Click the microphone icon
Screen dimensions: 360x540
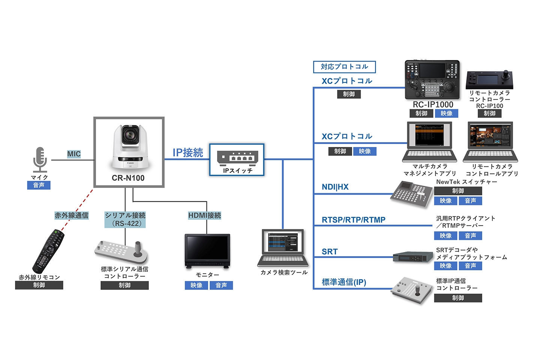tap(40, 159)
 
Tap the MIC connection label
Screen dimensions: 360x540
tap(74, 154)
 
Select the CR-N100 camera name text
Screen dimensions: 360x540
tap(128, 178)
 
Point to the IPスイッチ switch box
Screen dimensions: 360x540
tap(237, 160)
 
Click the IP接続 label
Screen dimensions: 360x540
tap(188, 153)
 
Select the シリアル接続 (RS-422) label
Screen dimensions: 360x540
tap(125, 219)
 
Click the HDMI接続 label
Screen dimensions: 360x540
tap(205, 215)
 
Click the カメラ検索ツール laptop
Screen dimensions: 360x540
tap(283, 247)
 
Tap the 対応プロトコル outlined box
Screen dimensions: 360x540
tap(344, 67)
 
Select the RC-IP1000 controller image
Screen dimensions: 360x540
tap(432, 79)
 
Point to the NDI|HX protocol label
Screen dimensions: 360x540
tap(335, 187)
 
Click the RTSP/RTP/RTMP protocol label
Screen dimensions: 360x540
tap(354, 220)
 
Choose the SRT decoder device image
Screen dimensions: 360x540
tap(412, 257)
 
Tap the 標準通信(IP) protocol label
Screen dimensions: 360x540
tap(344, 282)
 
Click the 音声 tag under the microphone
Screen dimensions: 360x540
tap(39, 185)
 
